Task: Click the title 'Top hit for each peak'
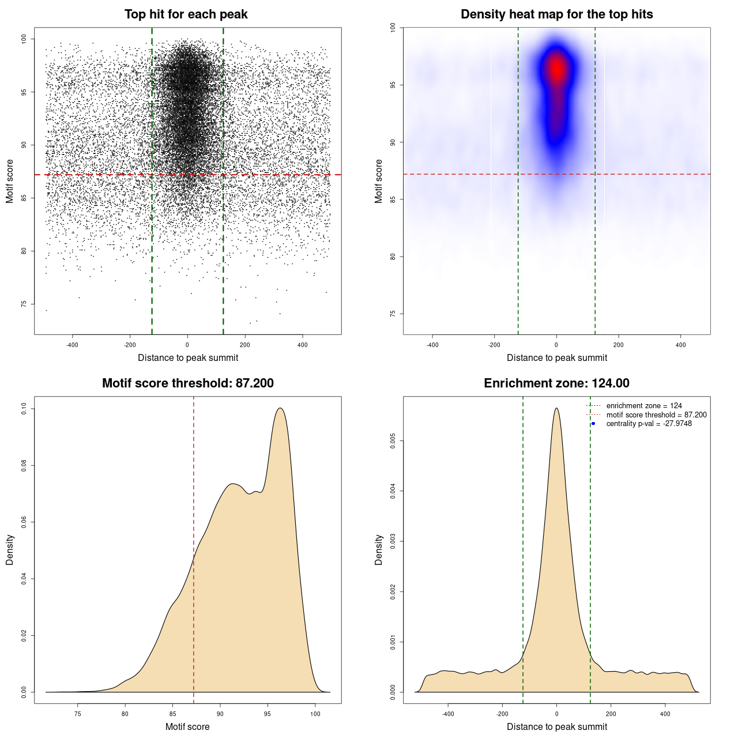click(x=186, y=14)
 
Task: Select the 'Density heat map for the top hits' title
click(x=556, y=14)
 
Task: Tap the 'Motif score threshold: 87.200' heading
click(x=187, y=383)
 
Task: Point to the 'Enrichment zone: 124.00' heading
click(x=556, y=383)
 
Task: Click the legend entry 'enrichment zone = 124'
click(x=643, y=406)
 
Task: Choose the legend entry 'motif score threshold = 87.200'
click(x=656, y=415)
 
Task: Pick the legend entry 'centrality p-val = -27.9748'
click(x=649, y=424)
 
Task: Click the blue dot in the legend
click(x=593, y=424)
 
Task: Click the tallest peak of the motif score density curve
click(x=280, y=408)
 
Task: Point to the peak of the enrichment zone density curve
click(x=556, y=408)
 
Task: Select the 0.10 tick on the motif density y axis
click(x=24, y=409)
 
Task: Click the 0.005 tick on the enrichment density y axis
click(x=393, y=442)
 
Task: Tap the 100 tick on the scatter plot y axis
click(x=24, y=39)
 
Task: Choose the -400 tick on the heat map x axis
click(x=432, y=345)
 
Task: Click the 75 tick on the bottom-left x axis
click(x=78, y=714)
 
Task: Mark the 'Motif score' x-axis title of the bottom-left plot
click(x=187, y=726)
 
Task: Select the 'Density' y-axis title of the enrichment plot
click(x=379, y=549)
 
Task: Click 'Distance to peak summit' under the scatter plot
click(x=188, y=357)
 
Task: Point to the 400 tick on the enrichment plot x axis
click(x=665, y=714)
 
